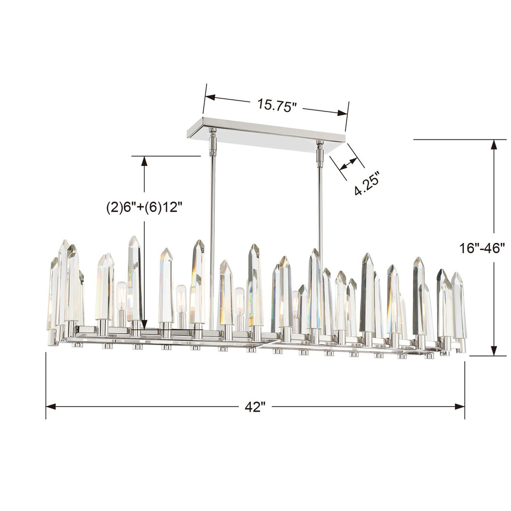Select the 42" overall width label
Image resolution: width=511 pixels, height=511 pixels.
point(255,407)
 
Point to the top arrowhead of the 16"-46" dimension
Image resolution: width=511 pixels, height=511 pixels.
point(494,145)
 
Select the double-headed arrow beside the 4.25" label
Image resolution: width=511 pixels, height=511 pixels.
point(349,164)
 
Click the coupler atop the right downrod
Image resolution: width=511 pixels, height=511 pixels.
point(319,154)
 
